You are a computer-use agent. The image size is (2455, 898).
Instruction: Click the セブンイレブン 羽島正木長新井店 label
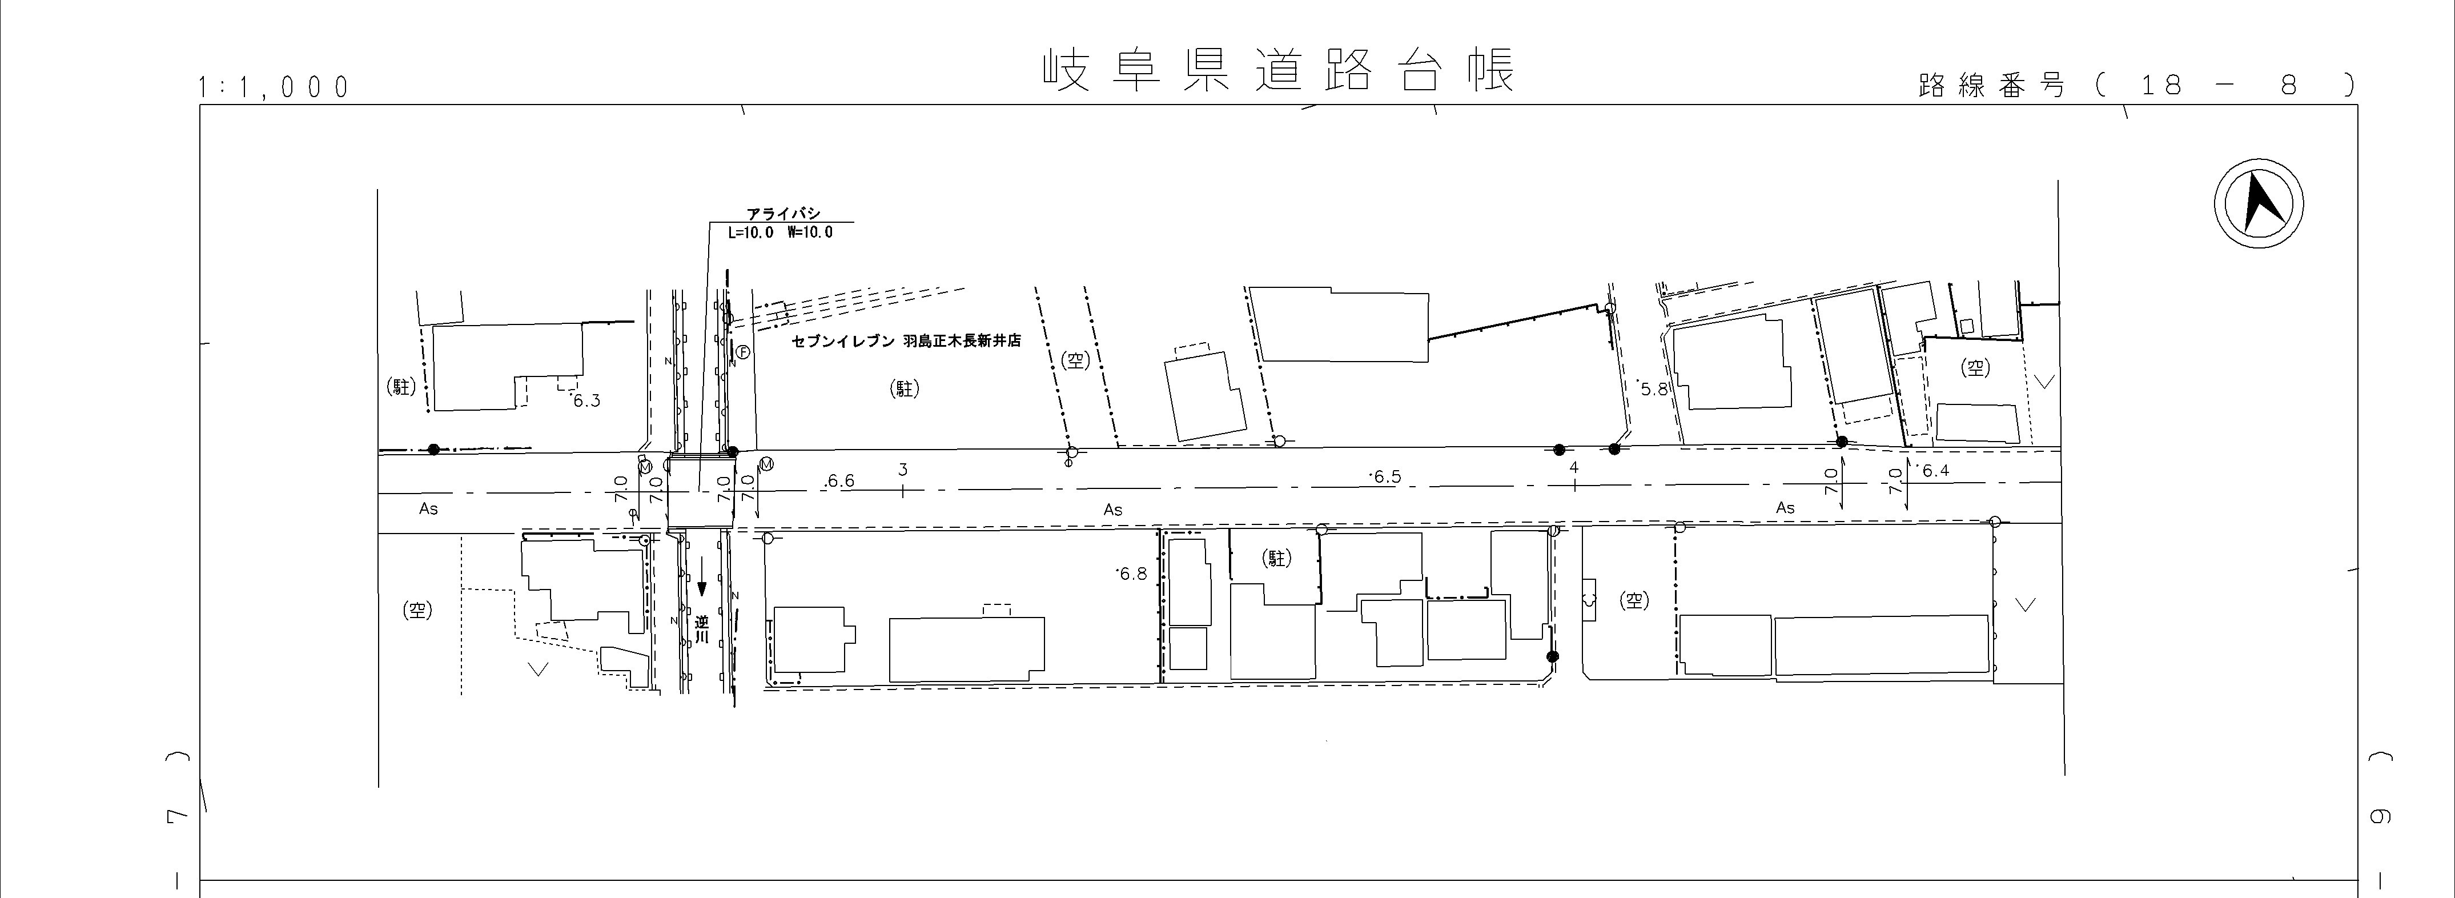(905, 340)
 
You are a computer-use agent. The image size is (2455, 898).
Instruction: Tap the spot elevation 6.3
(586, 400)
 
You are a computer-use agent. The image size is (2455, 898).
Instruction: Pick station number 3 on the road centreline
(902, 469)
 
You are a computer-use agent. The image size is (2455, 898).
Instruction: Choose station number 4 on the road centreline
(1573, 467)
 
